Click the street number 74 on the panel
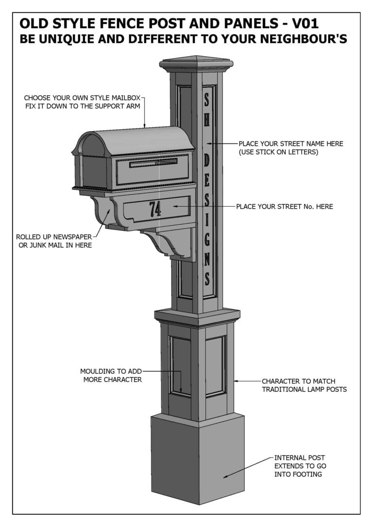(x=155, y=209)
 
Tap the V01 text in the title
(x=303, y=24)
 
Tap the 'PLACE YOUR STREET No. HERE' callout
(x=285, y=207)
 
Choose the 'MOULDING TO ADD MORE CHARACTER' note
(x=112, y=375)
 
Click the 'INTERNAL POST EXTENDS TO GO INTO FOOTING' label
(x=300, y=466)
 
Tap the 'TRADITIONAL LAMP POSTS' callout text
(x=304, y=390)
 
